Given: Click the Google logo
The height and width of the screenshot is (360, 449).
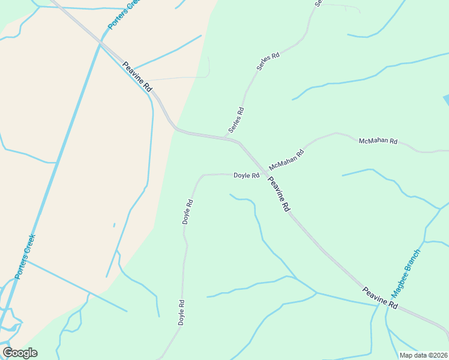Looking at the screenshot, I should coord(20,353).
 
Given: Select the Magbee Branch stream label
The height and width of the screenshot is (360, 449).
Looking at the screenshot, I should coord(406,274).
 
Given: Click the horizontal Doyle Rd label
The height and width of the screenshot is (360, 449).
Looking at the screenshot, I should coord(246,176).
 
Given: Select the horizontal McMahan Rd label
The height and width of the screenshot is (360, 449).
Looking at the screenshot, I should coord(378,142).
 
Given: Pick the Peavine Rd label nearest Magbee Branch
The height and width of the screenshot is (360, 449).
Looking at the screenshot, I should coord(381,298).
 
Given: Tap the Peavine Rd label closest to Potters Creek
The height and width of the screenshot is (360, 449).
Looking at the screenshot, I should coord(137,76).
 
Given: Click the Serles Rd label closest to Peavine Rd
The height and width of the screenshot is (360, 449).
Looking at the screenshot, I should coord(236,120).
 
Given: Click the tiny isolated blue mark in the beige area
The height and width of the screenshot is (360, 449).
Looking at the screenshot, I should coord(113,226).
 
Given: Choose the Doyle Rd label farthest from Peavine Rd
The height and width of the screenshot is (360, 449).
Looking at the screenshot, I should coord(181,313).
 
